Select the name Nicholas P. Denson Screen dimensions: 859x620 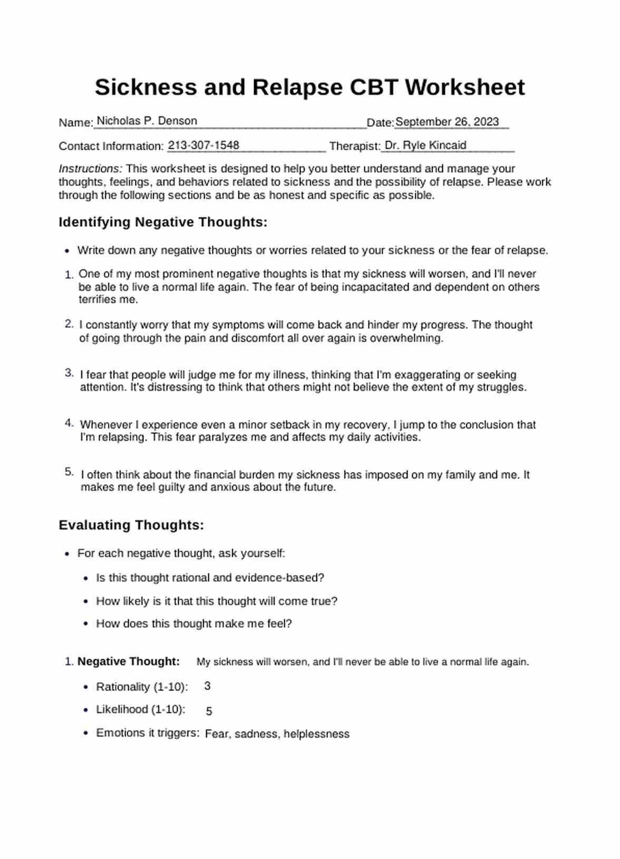pos(147,121)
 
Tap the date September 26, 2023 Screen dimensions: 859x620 pos(447,122)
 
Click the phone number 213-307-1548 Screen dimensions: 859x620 pos(204,145)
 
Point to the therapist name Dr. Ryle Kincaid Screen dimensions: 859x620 pos(425,145)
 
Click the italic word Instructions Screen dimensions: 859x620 pos(90,169)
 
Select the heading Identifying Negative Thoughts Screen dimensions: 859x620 pos(163,222)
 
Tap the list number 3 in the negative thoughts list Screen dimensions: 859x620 pos(69,373)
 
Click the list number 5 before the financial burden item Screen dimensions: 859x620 pos(69,472)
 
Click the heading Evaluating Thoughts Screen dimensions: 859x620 pos(131,525)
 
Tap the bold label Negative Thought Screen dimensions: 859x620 pos(129,661)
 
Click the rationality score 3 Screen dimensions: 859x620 pos(207,686)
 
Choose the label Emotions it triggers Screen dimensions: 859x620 pos(148,733)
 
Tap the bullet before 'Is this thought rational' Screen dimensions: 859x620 pos(86,578)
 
